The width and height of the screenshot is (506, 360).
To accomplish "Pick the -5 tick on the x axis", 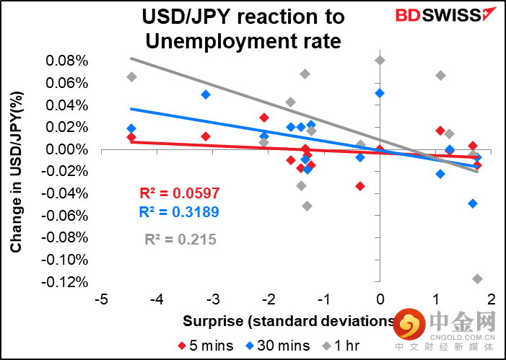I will coord(102,299).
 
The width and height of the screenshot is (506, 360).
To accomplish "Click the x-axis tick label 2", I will coord(492,299).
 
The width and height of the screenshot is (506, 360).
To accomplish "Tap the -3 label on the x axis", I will coord(213,299).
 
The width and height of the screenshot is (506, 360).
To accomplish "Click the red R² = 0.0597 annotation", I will coord(179,193).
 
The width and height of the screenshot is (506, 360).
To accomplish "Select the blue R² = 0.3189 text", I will coord(179,212).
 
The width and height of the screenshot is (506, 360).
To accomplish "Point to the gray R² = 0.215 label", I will coord(180,240).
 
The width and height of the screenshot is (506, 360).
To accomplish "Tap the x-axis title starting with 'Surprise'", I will coord(289,321).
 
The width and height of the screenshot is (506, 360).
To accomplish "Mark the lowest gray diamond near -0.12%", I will coord(477,278).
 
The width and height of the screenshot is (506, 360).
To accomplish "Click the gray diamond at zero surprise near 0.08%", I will coord(380,60).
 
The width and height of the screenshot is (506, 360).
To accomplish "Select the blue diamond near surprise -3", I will coord(206,95).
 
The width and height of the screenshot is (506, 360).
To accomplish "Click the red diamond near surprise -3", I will coord(206,136).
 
